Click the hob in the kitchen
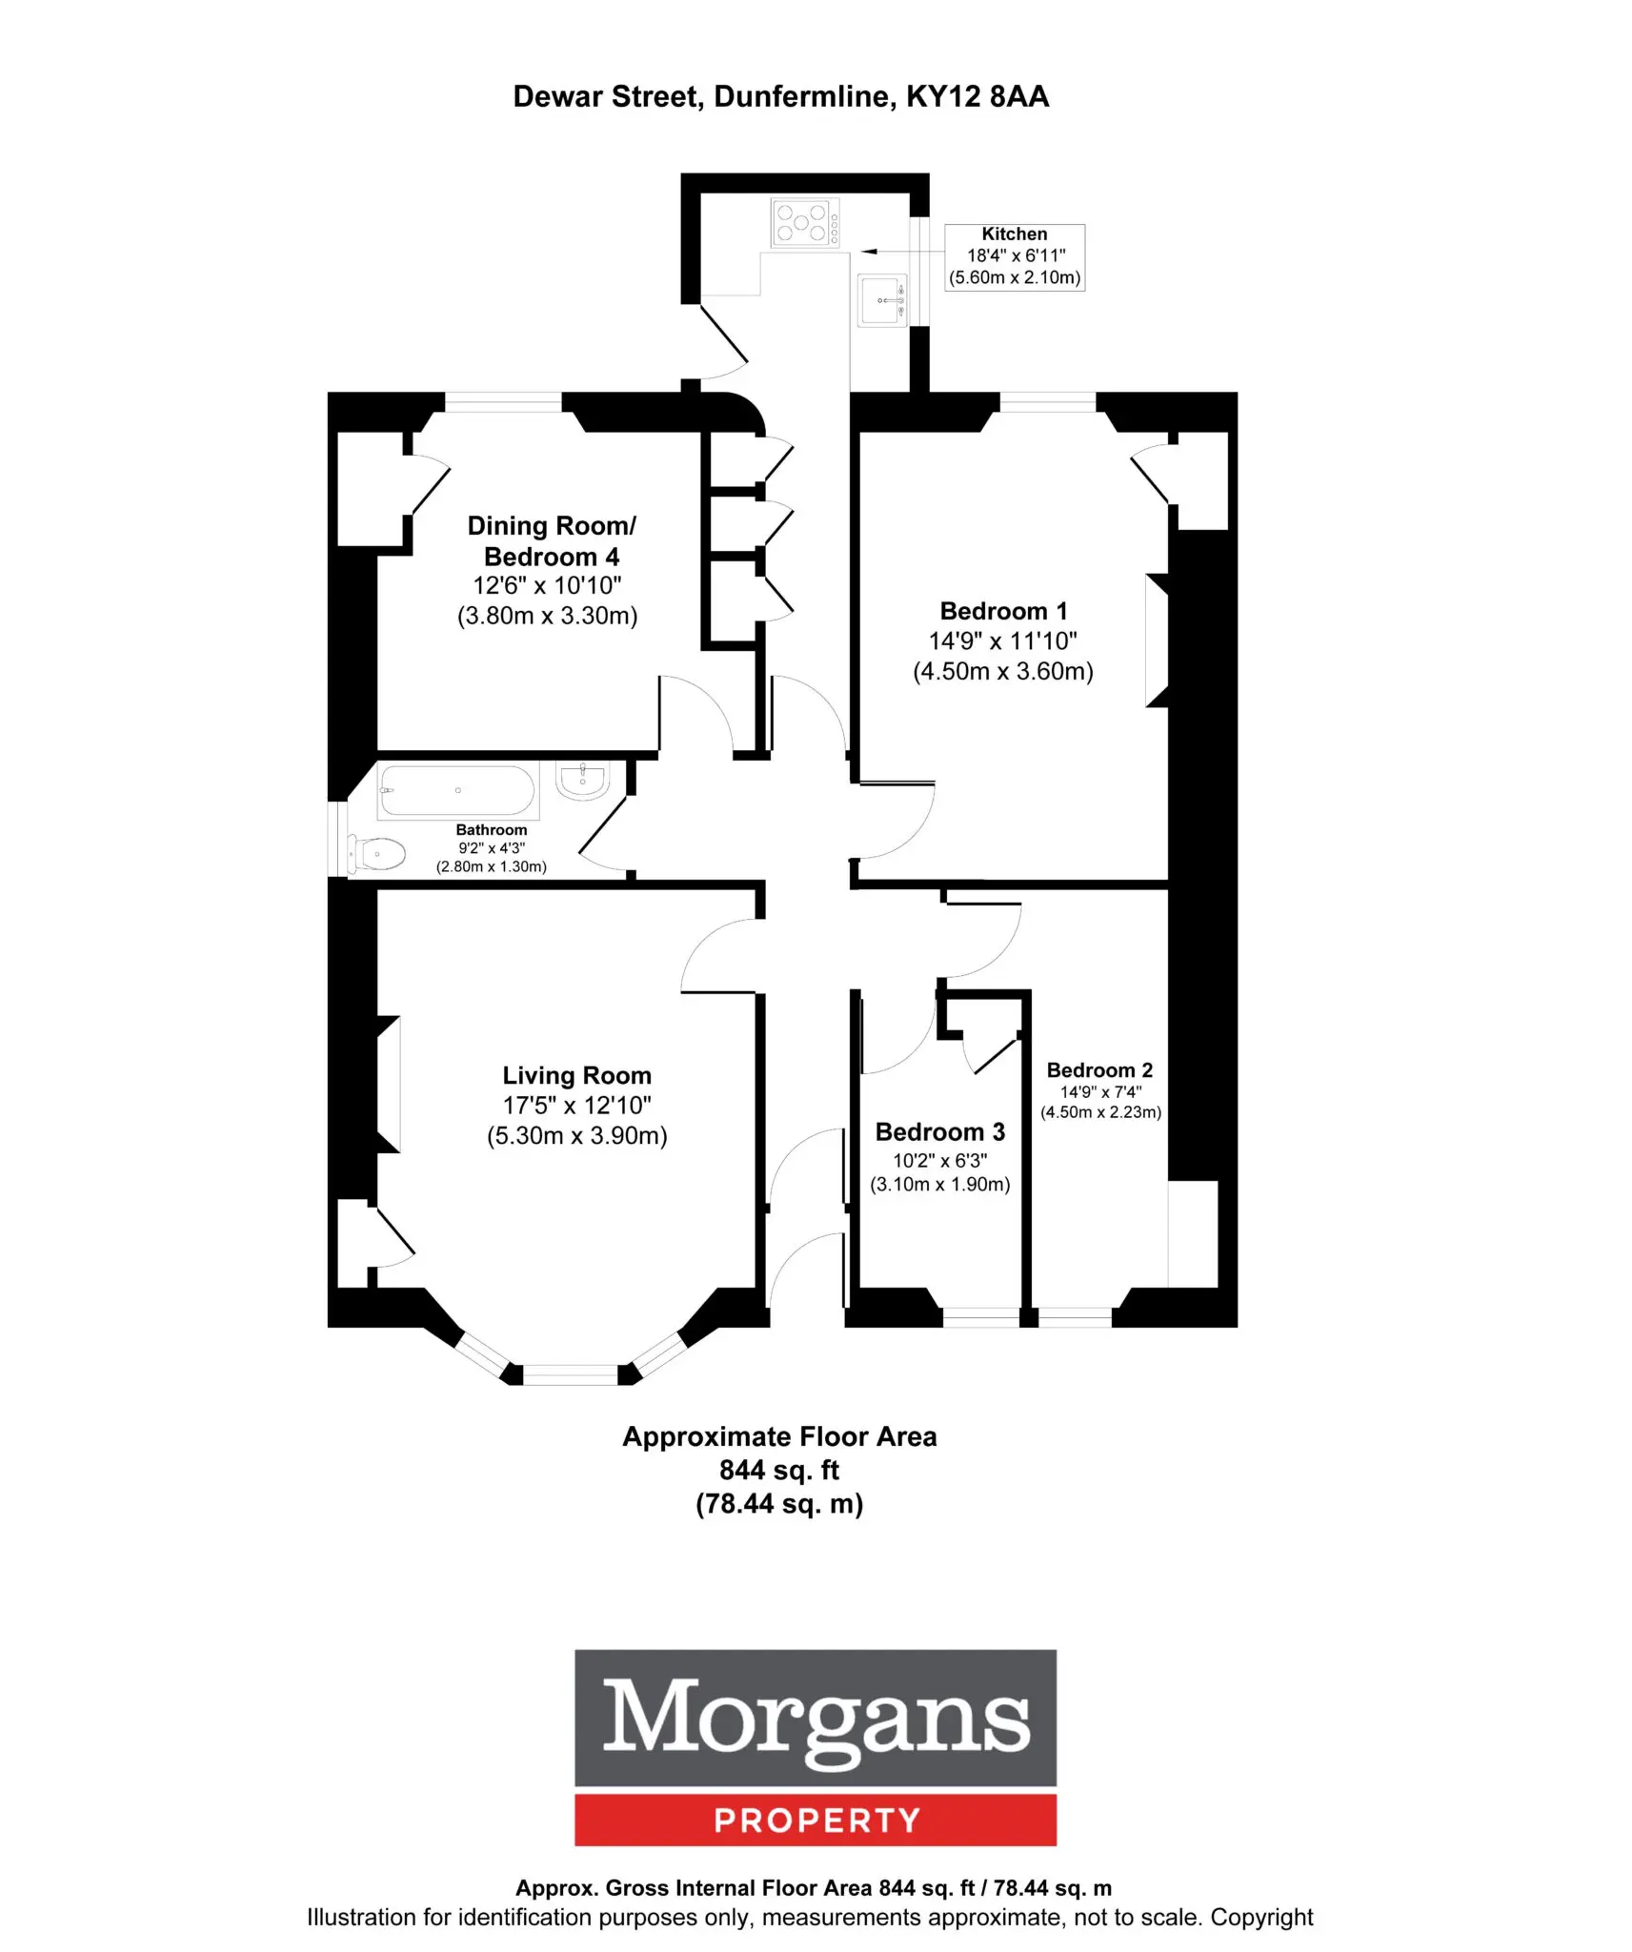click(805, 223)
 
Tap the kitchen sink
click(882, 300)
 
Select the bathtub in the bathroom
click(458, 790)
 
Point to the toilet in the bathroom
click(376, 854)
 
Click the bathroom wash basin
click(583, 780)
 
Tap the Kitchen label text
click(1014, 234)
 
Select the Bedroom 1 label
click(1003, 611)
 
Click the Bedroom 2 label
click(1099, 1070)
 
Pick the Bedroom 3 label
click(939, 1131)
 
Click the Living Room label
click(576, 1075)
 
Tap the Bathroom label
click(491, 829)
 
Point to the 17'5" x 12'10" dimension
click(576, 1106)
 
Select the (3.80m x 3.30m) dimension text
click(547, 616)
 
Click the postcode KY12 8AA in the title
click(977, 96)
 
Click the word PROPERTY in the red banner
click(816, 1820)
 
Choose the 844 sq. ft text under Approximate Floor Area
click(778, 1470)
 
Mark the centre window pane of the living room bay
click(571, 1373)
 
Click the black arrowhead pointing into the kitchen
click(868, 252)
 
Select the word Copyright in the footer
click(1261, 1917)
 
